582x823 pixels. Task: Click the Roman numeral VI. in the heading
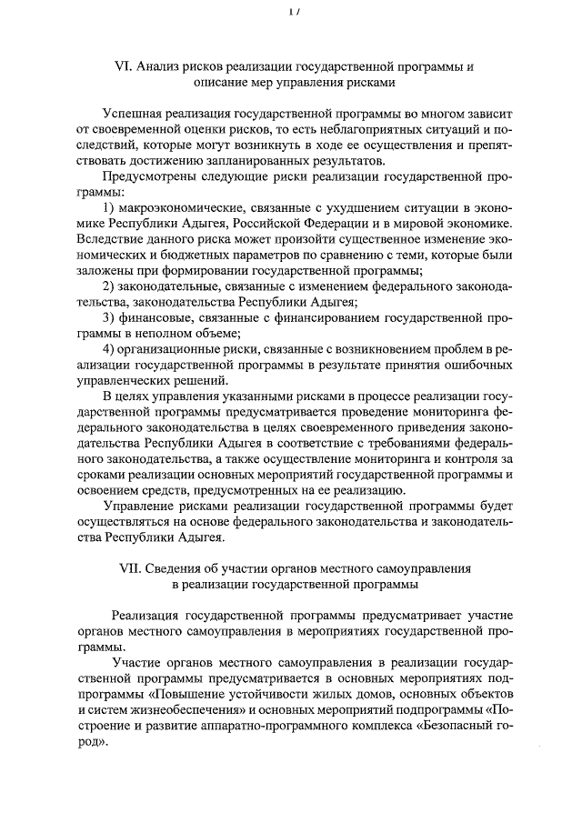coord(123,66)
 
